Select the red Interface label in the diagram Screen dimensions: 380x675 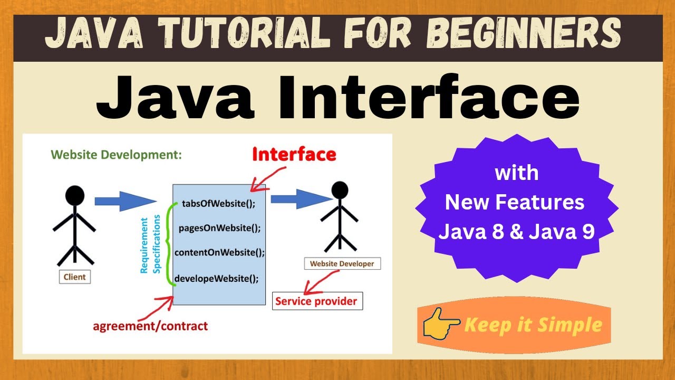tap(294, 154)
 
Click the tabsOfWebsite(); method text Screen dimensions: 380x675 tap(218, 204)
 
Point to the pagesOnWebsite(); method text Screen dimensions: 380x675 tap(219, 229)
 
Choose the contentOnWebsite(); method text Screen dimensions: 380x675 tap(219, 252)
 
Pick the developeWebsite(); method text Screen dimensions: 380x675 tap(217, 278)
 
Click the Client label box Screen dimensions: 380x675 tap(74, 277)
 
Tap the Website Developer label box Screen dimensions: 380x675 tap(342, 263)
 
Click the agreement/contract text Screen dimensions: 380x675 tap(150, 326)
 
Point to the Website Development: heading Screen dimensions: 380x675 tap(117, 155)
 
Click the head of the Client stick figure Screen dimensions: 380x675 tap(74, 196)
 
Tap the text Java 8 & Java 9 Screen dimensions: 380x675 tap(516, 232)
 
